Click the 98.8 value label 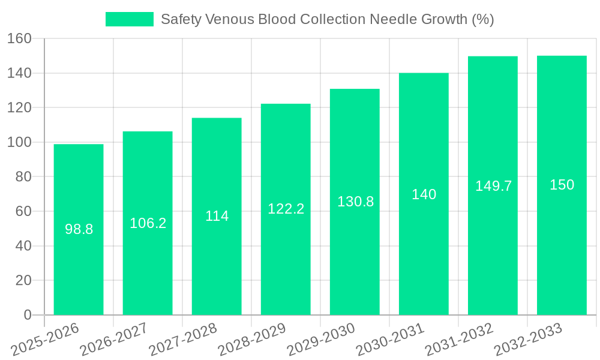pos(79,229)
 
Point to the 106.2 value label pos(148,223)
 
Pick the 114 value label pos(217,216)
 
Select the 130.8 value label pos(355,202)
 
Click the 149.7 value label pos(493,186)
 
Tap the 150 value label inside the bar pos(562,185)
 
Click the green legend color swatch pos(129,19)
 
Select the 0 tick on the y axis pos(27,315)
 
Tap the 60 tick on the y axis pos(23,211)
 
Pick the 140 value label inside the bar pos(424,194)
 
